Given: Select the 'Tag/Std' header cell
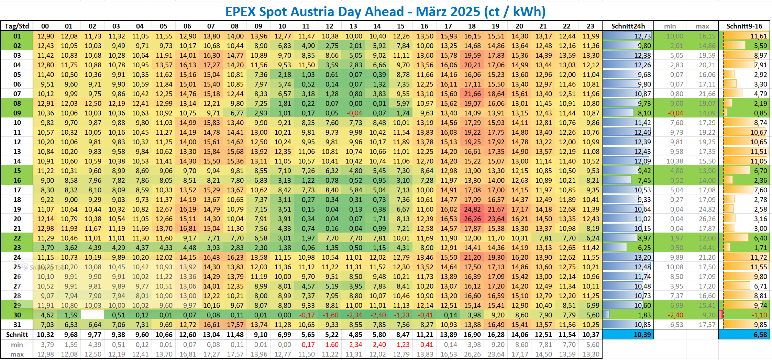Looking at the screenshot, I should [17, 26].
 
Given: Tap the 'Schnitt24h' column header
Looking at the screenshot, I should [628, 26].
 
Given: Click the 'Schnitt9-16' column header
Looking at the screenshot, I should [744, 26].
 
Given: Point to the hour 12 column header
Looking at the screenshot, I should [329, 26].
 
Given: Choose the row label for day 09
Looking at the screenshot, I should [17, 113].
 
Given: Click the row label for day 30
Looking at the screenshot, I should [17, 315].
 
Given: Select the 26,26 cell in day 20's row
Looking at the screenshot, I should [472, 219].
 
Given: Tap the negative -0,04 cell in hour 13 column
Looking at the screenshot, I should [354, 113].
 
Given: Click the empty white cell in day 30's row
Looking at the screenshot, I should [92, 315].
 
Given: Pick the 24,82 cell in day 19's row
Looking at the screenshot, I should [472, 209].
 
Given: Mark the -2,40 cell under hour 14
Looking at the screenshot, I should [377, 315].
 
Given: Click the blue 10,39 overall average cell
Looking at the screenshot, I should [628, 335].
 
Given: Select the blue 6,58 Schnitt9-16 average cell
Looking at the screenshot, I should [744, 335].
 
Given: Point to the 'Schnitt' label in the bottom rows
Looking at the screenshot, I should [17, 335].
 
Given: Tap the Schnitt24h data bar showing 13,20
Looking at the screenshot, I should [628, 257].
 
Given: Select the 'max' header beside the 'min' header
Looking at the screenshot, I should [702, 26].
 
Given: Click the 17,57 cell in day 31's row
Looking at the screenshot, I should [235, 325].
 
